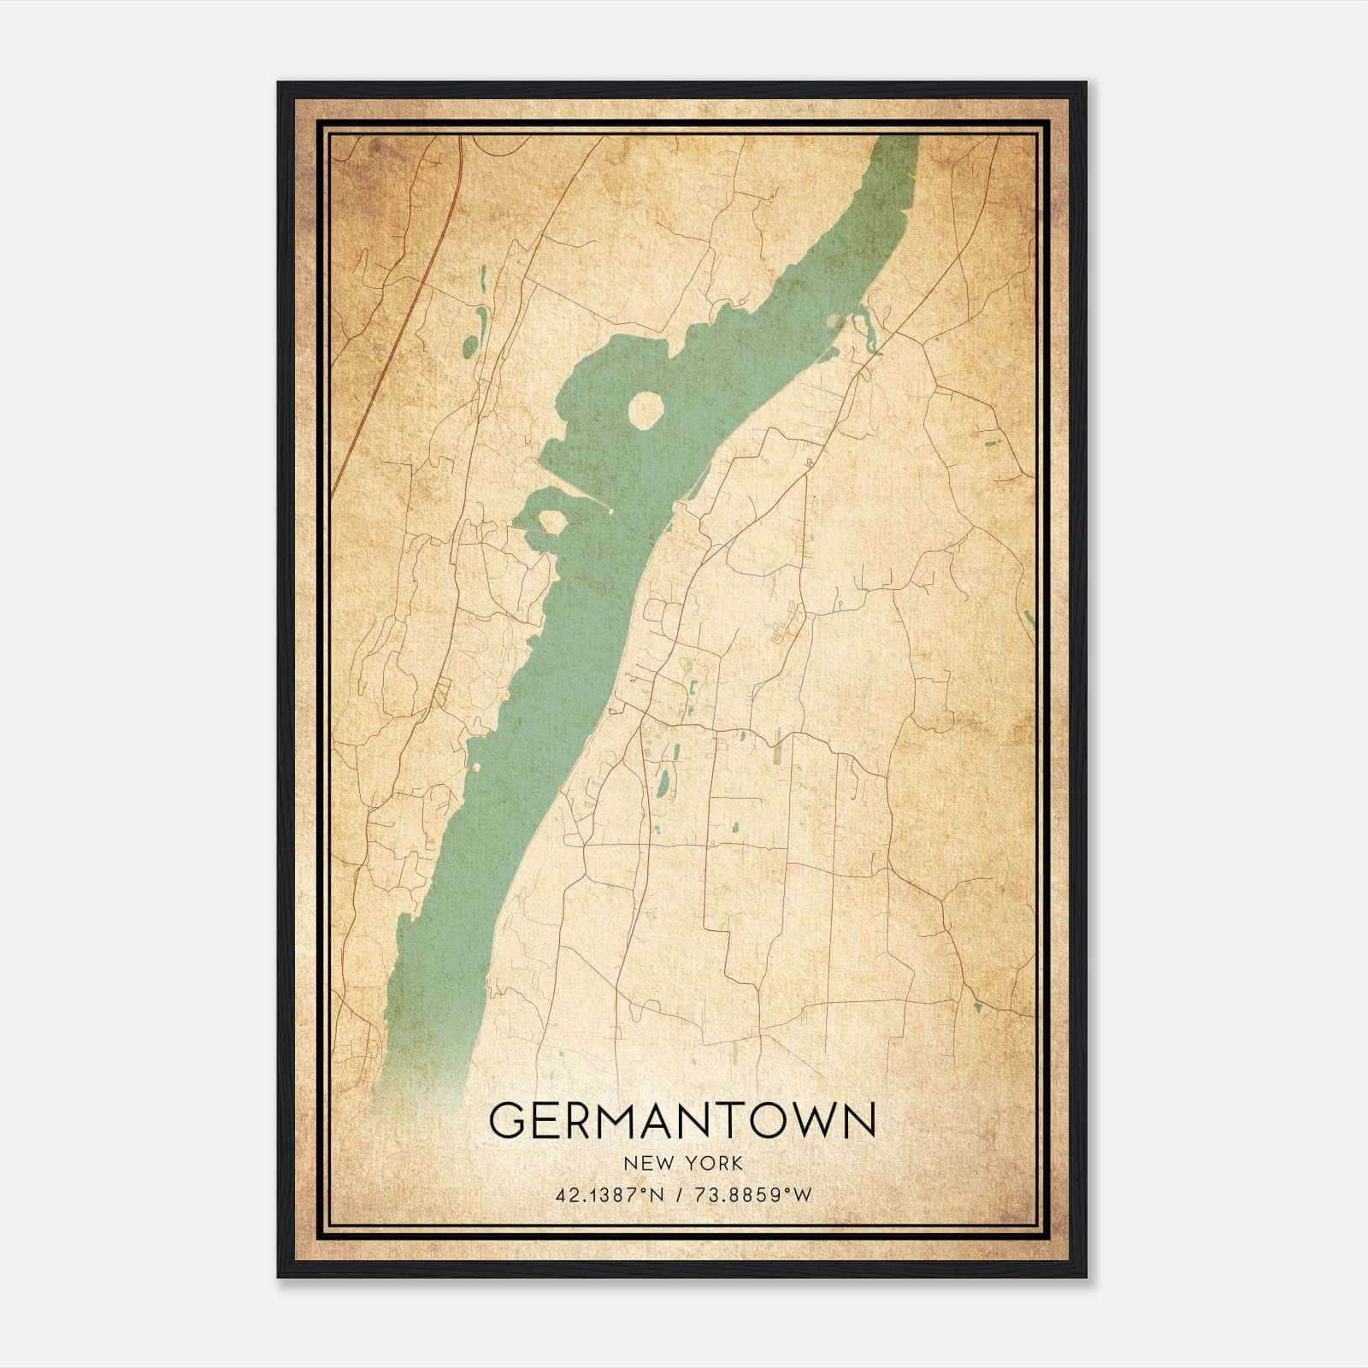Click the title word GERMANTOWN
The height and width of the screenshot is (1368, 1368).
click(682, 1119)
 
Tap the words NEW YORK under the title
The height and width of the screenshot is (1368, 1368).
click(682, 1163)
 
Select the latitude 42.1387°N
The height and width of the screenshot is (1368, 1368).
click(610, 1195)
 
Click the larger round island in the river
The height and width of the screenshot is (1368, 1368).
click(646, 410)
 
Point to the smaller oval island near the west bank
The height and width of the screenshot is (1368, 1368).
click(551, 521)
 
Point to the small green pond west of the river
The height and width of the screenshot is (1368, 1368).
click(469, 346)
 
